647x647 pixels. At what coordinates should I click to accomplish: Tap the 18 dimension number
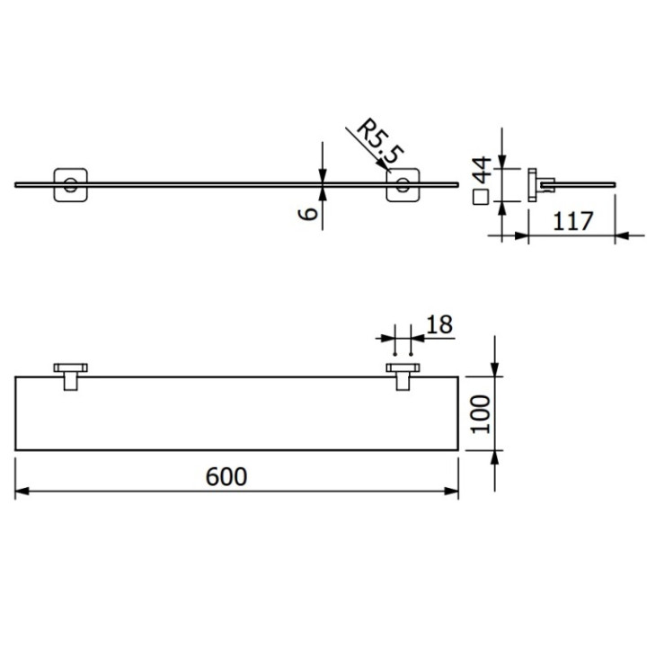[440, 324]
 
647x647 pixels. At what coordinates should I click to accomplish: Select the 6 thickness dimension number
[308, 213]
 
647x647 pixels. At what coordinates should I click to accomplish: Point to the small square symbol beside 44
[481, 197]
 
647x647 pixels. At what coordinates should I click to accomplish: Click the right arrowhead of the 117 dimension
[620, 236]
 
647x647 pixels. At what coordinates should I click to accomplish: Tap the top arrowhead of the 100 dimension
[494, 371]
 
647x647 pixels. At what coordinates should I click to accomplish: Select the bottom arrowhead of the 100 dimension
[494, 456]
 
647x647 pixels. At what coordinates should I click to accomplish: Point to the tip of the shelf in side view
[616, 185]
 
